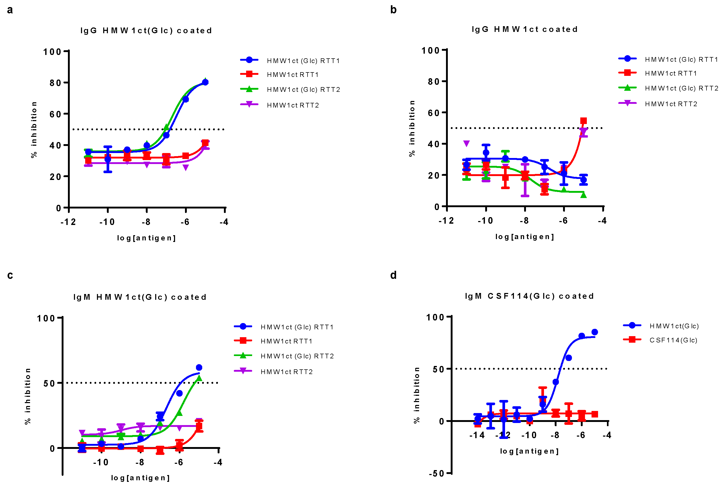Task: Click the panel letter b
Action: click(393, 10)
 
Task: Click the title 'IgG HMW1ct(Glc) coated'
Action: click(146, 31)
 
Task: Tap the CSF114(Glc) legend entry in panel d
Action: click(673, 340)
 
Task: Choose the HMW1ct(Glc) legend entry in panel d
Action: click(674, 326)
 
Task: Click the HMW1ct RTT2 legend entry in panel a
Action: click(293, 105)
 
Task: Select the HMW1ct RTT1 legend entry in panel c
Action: click(286, 341)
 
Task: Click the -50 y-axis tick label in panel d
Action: click(436, 473)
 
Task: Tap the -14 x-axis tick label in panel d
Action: click(477, 435)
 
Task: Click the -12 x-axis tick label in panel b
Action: click(446, 221)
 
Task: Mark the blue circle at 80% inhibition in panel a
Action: click(205, 82)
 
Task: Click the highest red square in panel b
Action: click(583, 121)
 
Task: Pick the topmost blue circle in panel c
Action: click(199, 368)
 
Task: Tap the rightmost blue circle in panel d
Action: click(594, 332)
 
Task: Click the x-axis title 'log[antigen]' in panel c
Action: click(140, 478)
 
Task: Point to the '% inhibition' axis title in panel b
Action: click(412, 128)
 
